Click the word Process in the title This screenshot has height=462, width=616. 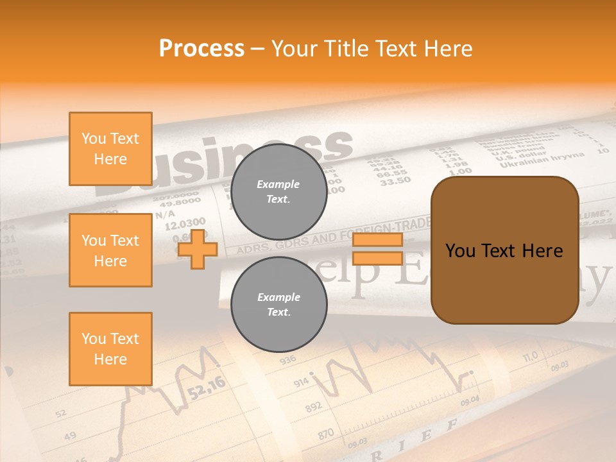201,49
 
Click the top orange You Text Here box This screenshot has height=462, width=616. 110,149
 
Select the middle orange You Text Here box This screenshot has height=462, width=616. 110,250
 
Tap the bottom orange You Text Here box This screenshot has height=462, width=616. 110,349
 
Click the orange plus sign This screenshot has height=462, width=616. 198,249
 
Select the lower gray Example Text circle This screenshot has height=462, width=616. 278,305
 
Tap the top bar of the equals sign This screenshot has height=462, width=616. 377,240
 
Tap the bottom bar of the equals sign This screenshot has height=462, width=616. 377,259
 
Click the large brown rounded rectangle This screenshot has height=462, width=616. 504,250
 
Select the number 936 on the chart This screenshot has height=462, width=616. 287,359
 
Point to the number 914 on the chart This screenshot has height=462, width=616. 302,383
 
